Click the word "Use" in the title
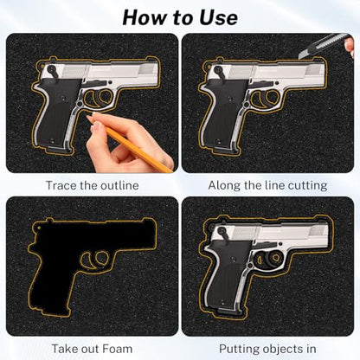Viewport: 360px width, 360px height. coord(219,18)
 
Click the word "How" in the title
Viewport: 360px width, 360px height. coord(145,18)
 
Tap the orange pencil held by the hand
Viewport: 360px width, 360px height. coord(138,150)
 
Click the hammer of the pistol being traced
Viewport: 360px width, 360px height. coord(53,70)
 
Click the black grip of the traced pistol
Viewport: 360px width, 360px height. coord(56,112)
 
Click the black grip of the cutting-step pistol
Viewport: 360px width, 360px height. coord(223,112)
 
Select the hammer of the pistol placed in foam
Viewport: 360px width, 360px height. coord(222,232)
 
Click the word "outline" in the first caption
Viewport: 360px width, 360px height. coord(121,185)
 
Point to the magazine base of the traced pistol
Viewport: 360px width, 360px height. coord(59,150)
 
